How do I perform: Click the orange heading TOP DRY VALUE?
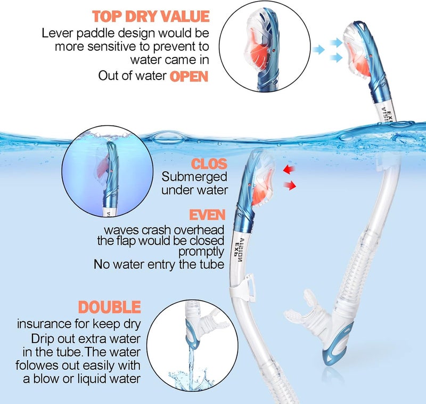tap(151, 17)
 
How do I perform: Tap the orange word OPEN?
tap(189, 76)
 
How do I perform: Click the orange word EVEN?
tap(208, 215)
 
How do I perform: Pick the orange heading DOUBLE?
tap(109, 308)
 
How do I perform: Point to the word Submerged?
tap(194, 176)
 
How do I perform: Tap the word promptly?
tap(201, 251)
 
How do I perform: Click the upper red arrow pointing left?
tap(290, 169)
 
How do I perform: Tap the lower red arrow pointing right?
tap(290, 185)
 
